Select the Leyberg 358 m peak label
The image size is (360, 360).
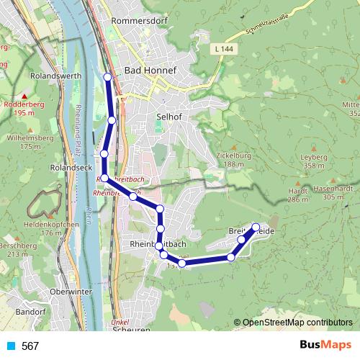pos(312,161)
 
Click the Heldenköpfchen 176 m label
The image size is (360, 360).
pos(50,228)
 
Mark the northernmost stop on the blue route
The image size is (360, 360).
pos(108,77)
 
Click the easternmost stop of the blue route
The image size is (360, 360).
pos(256,228)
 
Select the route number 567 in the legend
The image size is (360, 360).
pos(30,346)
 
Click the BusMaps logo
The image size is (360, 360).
pos(325,346)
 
